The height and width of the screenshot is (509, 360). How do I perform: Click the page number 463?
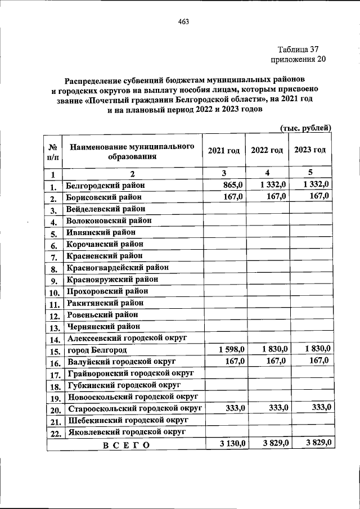(182, 22)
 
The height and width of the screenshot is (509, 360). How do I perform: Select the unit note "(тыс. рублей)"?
(305, 129)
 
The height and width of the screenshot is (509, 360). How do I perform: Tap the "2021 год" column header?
(224, 151)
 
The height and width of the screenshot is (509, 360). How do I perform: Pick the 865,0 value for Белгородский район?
(232, 184)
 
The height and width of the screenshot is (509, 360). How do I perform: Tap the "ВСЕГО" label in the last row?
(126, 445)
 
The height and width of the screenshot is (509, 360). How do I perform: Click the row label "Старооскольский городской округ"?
(134, 408)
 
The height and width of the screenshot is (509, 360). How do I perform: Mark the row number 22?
(55, 434)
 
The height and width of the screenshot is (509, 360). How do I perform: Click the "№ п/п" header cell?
(54, 152)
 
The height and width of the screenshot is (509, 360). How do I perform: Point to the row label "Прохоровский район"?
(107, 291)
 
